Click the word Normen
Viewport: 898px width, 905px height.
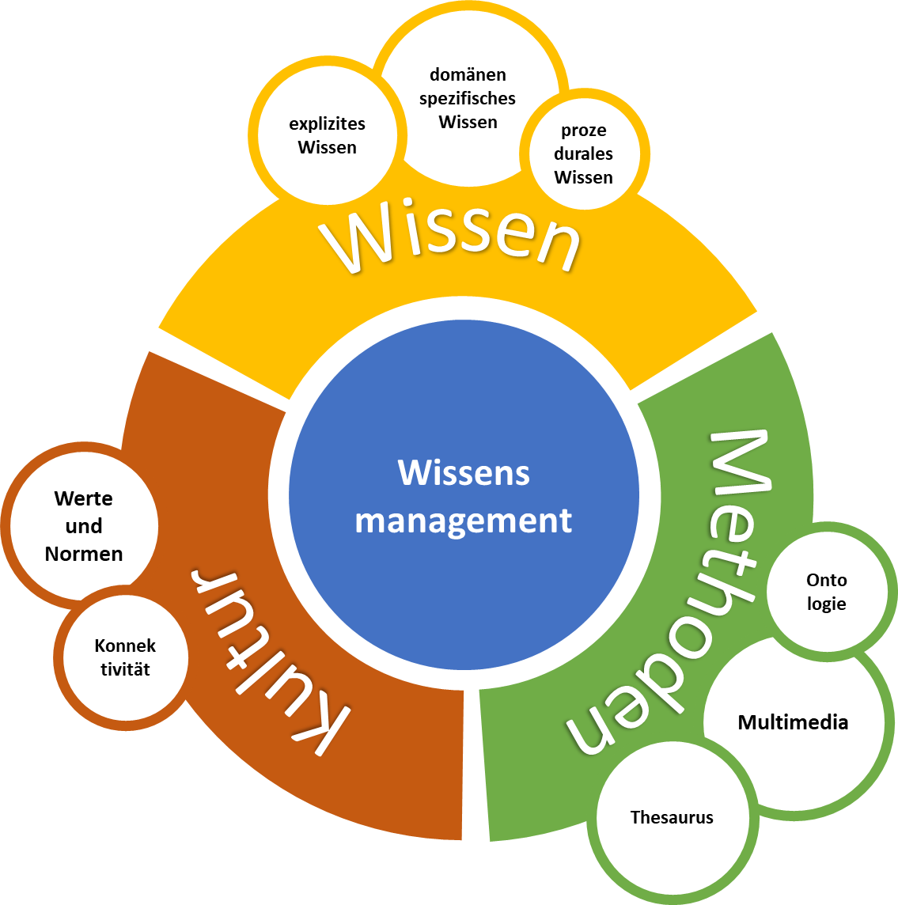(84, 554)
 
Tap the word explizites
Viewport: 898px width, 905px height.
(327, 123)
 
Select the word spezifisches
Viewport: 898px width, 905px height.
(468, 99)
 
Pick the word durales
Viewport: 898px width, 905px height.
(584, 153)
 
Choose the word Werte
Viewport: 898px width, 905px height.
(84, 498)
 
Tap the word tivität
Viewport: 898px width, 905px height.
(125, 669)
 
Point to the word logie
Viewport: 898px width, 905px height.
(827, 604)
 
